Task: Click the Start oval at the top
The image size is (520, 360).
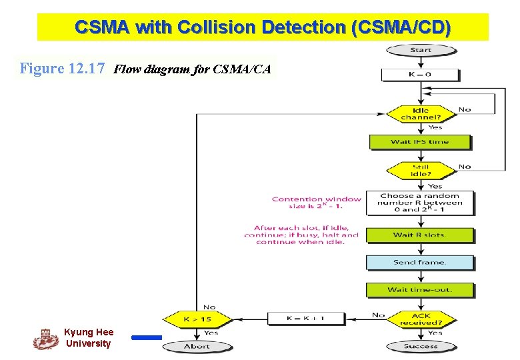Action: pos(421,50)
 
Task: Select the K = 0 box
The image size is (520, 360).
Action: pos(419,74)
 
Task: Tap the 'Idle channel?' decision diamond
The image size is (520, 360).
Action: pos(421,114)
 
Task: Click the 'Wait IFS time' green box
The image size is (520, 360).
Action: pos(420,142)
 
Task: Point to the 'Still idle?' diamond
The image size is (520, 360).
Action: pos(421,170)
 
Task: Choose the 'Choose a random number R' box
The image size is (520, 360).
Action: pos(420,203)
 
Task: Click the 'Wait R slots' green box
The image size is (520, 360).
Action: pos(419,235)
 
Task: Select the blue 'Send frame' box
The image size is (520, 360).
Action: pos(419,262)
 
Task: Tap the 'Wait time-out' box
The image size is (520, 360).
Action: pos(419,290)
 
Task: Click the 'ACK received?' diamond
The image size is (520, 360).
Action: pos(421,319)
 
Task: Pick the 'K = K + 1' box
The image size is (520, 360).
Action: pos(305,319)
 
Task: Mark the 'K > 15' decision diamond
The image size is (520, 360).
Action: pos(197,319)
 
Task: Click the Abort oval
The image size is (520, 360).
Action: pos(197,346)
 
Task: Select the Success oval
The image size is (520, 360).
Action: pos(421,346)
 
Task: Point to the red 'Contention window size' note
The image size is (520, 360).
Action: pos(316,203)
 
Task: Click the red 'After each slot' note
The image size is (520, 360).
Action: pos(301,235)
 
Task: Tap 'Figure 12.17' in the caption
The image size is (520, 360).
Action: pos(62,69)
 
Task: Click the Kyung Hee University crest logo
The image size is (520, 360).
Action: pos(45,339)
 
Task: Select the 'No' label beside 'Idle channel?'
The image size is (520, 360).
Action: pos(465,109)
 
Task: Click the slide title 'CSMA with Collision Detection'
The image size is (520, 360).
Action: pos(263,27)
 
